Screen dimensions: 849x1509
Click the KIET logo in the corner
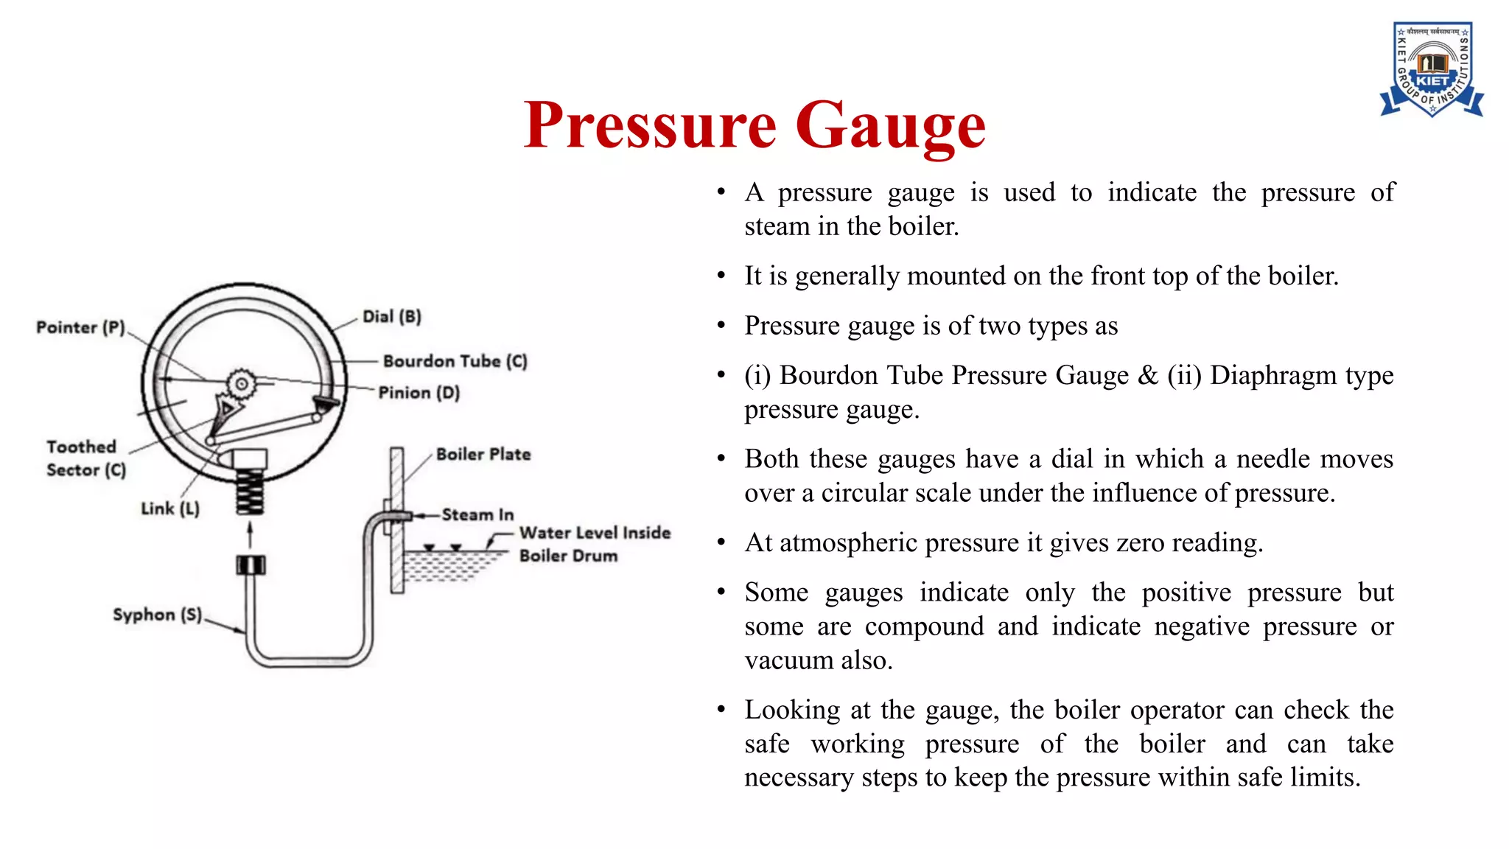point(1431,69)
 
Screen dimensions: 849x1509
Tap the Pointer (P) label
point(80,327)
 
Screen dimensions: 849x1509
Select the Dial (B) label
point(391,317)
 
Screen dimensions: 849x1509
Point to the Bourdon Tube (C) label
point(455,361)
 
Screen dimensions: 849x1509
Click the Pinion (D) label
point(419,393)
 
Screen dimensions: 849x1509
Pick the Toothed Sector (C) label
point(85,458)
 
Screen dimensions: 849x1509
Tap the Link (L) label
point(169,509)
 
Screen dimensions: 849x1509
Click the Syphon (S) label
point(157,615)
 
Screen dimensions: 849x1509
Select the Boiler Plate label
point(483,454)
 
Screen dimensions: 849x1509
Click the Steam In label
point(477,514)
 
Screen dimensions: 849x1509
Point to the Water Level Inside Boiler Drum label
point(594,544)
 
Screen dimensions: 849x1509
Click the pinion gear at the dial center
point(241,383)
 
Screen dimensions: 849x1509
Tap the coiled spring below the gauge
point(250,492)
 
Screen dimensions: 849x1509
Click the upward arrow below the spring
point(250,534)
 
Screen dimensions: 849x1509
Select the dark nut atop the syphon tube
point(251,565)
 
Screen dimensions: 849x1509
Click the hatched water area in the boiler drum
point(449,566)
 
